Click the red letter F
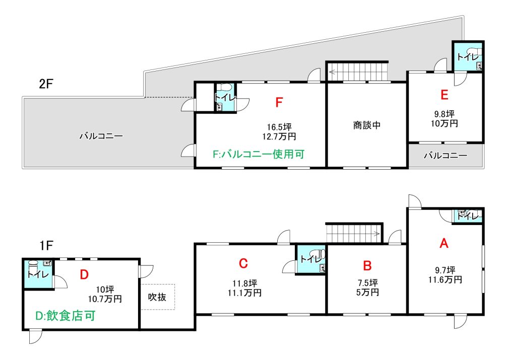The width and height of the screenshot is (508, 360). point(279,102)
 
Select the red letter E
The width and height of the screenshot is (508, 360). point(444,95)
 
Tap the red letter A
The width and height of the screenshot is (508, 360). point(444,243)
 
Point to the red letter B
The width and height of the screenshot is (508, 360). point(367,265)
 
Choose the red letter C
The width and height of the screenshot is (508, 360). point(243,263)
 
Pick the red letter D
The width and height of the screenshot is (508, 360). point(84,274)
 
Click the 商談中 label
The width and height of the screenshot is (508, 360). point(367,125)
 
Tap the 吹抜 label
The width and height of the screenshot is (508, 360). point(157,297)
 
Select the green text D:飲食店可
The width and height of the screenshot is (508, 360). point(65,316)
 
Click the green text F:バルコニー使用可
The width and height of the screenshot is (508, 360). point(259,154)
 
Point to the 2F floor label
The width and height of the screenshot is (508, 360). point(46,84)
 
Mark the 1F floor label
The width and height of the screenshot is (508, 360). point(46,245)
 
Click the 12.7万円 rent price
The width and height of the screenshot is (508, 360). point(279,136)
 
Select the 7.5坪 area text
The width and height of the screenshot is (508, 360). point(368,283)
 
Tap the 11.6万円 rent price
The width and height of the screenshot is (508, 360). point(445,279)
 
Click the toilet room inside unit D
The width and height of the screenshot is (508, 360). point(38,274)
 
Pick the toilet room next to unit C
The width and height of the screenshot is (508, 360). point(311,259)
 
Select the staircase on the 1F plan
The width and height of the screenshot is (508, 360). point(354,233)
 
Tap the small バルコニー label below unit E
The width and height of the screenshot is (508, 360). point(446,156)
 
